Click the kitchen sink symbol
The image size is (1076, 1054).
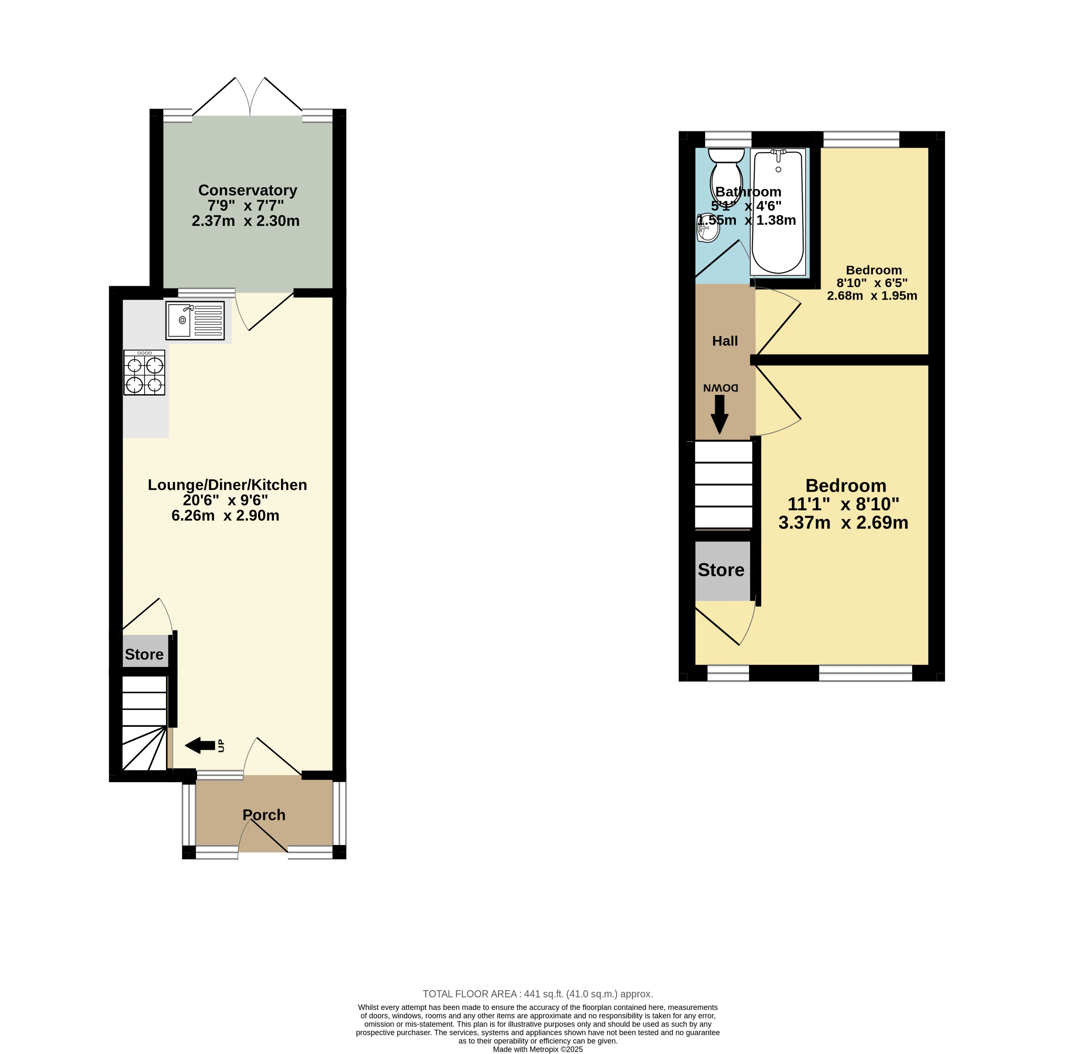click(195, 321)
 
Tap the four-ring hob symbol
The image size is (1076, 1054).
click(144, 373)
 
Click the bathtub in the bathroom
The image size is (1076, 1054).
click(778, 213)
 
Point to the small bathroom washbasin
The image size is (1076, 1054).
click(708, 228)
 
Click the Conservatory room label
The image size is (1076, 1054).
click(248, 190)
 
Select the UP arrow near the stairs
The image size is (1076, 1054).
click(200, 746)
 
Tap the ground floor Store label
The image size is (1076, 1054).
click(144, 654)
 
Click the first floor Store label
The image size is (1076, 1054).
click(721, 570)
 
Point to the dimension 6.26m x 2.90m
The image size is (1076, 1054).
click(226, 515)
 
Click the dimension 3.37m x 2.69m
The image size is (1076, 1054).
click(843, 523)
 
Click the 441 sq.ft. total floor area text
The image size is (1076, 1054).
click(537, 994)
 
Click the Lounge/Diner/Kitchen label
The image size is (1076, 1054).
click(227, 485)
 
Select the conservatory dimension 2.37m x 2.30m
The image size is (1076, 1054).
click(245, 221)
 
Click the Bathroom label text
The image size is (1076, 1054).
click(748, 191)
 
